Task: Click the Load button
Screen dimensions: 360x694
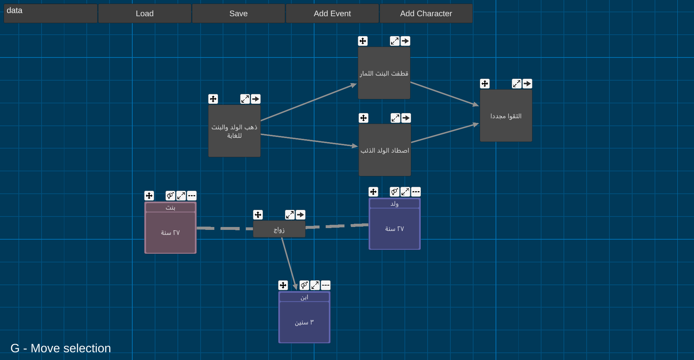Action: [x=145, y=13]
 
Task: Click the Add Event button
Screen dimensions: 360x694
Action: [x=332, y=13]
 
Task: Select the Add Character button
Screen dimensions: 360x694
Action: [x=426, y=13]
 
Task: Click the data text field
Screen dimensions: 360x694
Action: [x=51, y=13]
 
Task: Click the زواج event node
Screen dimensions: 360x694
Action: [x=279, y=230]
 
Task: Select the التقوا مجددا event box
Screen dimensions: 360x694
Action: [x=506, y=116]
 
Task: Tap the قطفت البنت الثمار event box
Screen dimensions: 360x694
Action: [x=384, y=73]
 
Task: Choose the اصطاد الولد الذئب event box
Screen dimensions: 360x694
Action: [x=385, y=150]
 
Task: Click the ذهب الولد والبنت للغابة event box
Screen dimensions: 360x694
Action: [x=234, y=131]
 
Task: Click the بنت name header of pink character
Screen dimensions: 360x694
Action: [x=170, y=207]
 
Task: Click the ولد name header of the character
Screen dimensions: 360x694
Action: [x=394, y=203]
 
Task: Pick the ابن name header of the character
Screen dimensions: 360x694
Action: [x=304, y=297]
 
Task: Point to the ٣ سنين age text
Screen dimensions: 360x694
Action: [x=304, y=322]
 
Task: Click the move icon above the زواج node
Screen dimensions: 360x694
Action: [x=258, y=215]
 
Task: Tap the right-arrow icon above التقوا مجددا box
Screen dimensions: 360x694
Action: [x=527, y=84]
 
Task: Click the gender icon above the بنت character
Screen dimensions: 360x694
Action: [x=170, y=196]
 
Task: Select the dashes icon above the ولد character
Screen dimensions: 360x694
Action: [x=416, y=192]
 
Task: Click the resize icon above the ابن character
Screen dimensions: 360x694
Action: [x=315, y=285]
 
